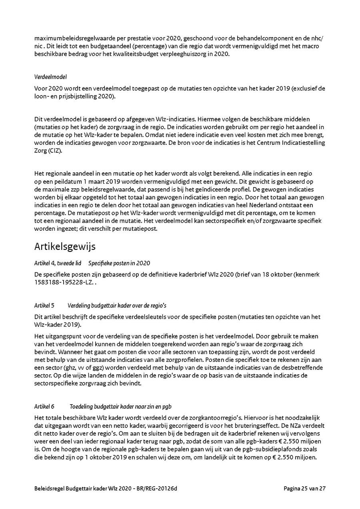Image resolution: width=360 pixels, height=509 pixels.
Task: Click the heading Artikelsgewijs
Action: click(x=65, y=246)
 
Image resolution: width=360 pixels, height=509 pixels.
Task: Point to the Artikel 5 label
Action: click(x=44, y=305)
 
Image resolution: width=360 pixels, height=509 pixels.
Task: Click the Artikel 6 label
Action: click(x=44, y=407)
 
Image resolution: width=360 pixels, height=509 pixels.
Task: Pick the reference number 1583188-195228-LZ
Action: click(x=64, y=283)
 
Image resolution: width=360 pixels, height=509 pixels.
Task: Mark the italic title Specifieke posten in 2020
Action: click(x=119, y=263)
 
